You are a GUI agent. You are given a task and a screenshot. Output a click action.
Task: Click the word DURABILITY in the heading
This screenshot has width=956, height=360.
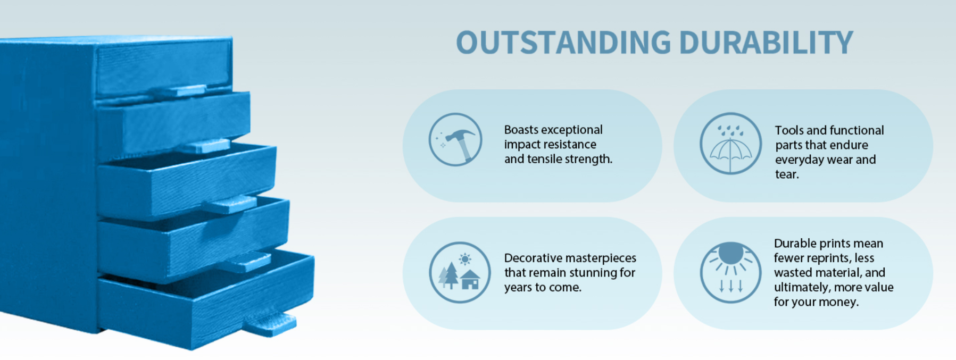766,43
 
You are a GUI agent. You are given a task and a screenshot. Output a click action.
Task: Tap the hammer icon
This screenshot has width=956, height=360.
455,139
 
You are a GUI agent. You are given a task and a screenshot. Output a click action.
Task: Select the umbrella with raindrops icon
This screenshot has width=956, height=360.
730,143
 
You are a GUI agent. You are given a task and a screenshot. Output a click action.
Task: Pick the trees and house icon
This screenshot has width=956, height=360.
460,272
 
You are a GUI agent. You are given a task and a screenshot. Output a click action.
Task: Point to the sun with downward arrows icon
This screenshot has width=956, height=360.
730,272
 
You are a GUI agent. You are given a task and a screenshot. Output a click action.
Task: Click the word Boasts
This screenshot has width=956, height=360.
521,130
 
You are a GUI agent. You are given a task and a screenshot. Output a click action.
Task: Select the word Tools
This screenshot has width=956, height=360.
789,130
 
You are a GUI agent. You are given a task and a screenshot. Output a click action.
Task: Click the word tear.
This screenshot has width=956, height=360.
787,174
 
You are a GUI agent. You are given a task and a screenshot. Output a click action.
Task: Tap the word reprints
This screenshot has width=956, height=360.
829,258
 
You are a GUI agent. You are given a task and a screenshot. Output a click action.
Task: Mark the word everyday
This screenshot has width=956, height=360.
800,160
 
